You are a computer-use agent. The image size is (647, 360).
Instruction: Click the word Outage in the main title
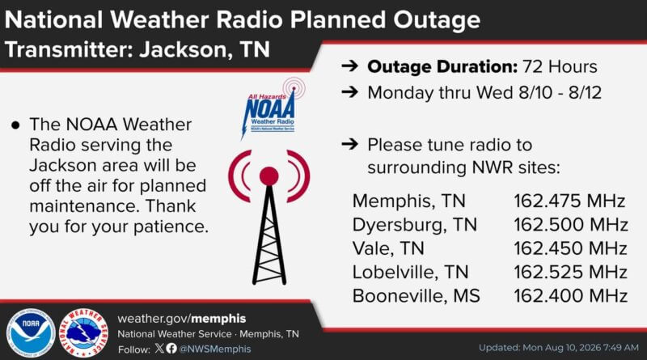[437, 20]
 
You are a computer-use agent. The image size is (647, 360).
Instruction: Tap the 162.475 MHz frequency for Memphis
[569, 201]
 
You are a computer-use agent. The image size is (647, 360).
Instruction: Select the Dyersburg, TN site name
[415, 225]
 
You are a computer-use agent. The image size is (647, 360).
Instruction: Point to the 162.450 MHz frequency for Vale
[570, 248]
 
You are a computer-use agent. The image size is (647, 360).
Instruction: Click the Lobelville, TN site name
[411, 272]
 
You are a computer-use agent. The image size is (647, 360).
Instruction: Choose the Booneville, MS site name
[417, 296]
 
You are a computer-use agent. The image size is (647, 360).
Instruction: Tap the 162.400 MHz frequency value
[570, 296]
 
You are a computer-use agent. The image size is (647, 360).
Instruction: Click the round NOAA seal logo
[31, 332]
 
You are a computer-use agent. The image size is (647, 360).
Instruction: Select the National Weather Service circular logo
[84, 332]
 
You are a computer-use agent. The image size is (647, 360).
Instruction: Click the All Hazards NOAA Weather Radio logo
[273, 108]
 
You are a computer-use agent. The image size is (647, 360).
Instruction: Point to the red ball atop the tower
[269, 176]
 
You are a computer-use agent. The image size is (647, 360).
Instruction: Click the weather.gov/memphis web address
[181, 319]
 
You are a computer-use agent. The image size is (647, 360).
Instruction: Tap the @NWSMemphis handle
[214, 349]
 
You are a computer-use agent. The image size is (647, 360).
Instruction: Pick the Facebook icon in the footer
[171, 349]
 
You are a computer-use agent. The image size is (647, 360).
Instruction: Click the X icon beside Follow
[159, 349]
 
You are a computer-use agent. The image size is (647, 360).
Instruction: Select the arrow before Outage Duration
[350, 66]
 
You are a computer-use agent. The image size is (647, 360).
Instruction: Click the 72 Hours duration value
[560, 67]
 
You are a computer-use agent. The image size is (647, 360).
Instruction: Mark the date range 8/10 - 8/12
[560, 92]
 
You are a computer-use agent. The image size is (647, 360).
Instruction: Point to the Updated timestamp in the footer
[559, 348]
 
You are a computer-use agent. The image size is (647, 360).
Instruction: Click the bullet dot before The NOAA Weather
[15, 125]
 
